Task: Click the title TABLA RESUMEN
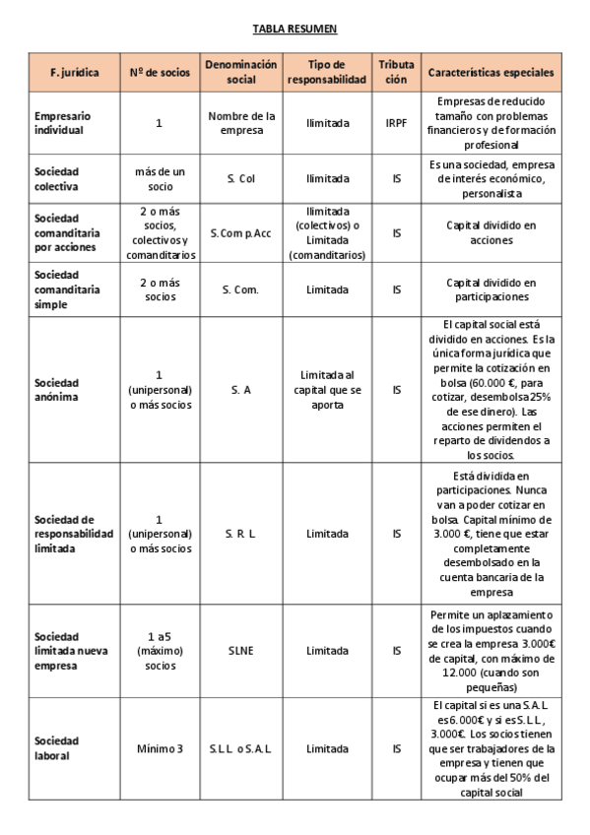click(x=295, y=31)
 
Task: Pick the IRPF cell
click(x=396, y=122)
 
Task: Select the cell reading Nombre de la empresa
click(x=241, y=122)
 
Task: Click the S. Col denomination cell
click(x=241, y=179)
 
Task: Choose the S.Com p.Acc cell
click(x=241, y=233)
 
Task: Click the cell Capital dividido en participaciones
click(x=491, y=289)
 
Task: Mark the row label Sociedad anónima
click(x=56, y=389)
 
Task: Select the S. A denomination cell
click(x=241, y=389)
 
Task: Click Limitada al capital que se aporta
click(x=326, y=389)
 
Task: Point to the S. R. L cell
click(x=241, y=534)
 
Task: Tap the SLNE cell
click(x=241, y=650)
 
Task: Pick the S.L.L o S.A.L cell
click(x=241, y=748)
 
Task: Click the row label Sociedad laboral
click(x=56, y=748)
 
